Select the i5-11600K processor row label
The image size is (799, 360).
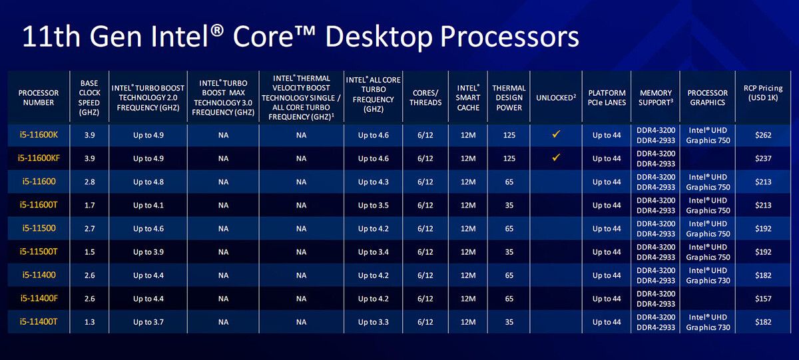tap(39, 134)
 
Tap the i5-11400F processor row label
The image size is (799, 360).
tap(39, 298)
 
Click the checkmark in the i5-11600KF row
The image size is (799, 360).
tap(556, 157)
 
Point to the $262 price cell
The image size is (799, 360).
tap(763, 135)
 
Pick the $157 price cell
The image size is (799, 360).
tap(763, 299)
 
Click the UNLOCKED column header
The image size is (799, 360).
tap(556, 98)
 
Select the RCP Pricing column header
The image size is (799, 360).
tap(763, 92)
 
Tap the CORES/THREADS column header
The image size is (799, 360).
tap(425, 98)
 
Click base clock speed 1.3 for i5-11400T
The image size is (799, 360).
tap(89, 322)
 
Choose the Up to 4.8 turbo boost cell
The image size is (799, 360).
tap(148, 182)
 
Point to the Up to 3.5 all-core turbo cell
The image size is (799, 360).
tap(373, 206)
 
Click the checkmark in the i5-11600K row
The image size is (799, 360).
tap(556, 134)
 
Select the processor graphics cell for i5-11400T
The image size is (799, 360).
tap(708, 322)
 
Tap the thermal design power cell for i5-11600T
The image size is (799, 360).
tap(509, 206)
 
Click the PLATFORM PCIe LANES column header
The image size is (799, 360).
tap(607, 98)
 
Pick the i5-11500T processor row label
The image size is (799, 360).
tap(39, 252)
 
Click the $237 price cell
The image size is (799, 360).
tap(763, 158)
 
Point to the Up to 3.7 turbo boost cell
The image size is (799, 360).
tap(148, 322)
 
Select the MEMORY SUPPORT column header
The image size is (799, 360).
tap(656, 98)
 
